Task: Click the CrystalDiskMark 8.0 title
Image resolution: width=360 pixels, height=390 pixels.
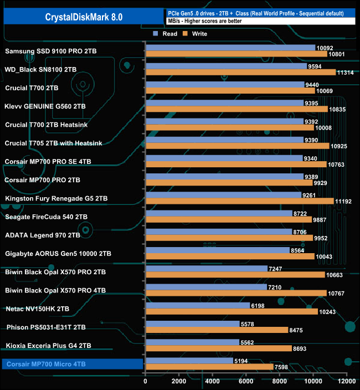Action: point(84,17)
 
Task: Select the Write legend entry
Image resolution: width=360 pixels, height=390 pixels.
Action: point(195,34)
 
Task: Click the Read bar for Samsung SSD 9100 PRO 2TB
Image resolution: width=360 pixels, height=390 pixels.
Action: point(230,48)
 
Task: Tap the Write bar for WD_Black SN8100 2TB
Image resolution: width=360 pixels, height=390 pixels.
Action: point(240,73)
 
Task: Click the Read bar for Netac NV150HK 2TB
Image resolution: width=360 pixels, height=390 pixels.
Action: point(197,305)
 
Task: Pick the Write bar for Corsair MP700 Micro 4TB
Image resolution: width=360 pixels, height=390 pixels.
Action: point(209,367)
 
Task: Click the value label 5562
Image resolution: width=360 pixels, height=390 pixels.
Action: point(248,342)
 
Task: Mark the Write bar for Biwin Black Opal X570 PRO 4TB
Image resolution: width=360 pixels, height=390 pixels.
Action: point(236,293)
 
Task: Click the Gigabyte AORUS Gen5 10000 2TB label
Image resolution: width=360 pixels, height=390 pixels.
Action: point(58,254)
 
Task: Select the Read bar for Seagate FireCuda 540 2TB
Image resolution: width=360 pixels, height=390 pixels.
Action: point(219,213)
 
